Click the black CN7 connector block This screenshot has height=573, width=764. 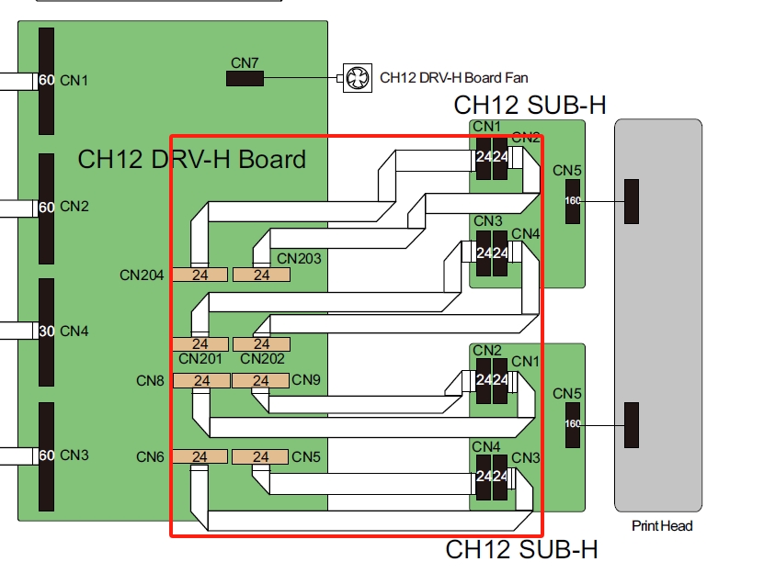(x=245, y=78)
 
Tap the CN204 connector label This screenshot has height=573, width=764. (x=142, y=275)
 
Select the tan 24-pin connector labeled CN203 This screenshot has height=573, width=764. (x=261, y=275)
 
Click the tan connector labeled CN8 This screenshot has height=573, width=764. (x=200, y=380)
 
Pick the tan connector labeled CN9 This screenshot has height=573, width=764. (x=261, y=380)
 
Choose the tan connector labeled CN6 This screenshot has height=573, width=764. (x=200, y=456)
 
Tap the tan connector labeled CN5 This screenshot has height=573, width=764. (x=261, y=456)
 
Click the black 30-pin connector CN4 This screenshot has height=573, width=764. (x=46, y=331)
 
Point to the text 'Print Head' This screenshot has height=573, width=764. (x=662, y=526)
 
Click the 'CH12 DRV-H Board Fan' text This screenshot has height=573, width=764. (x=454, y=78)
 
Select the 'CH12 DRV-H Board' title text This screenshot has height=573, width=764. (x=191, y=159)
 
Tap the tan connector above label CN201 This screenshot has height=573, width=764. (x=200, y=344)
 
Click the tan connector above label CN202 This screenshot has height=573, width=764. (x=261, y=344)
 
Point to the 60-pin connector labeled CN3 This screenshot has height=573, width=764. (x=46, y=455)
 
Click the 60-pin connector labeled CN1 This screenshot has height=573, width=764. (x=46, y=81)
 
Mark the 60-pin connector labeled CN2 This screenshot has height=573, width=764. (x=46, y=207)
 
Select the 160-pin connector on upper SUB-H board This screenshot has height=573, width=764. (x=573, y=200)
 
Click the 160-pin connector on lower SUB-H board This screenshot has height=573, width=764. (x=573, y=423)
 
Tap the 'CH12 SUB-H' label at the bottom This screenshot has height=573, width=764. (x=521, y=550)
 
